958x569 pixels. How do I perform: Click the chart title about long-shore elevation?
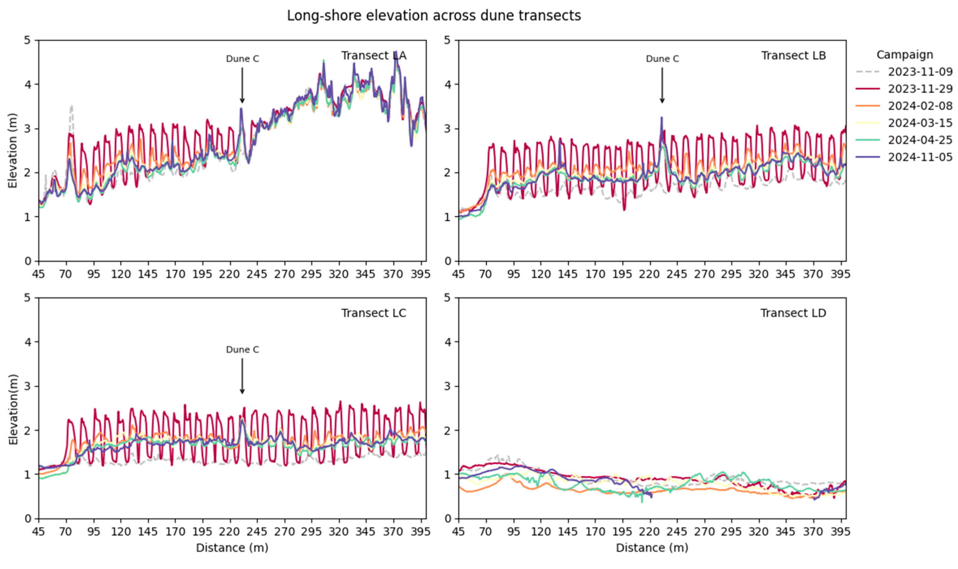434,16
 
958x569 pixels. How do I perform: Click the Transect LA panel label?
374,56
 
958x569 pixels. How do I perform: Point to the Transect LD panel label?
793,313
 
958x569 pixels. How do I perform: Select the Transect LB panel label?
793,56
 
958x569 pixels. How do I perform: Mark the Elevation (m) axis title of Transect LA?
13,150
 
